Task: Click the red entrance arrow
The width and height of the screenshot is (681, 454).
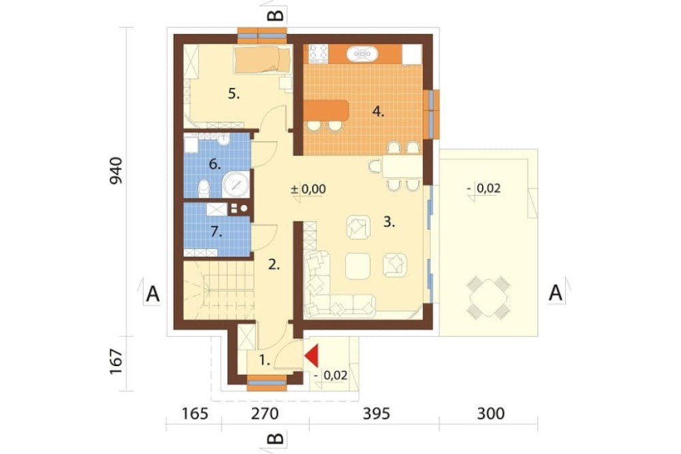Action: [313, 356]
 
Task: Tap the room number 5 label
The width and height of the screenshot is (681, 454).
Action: [234, 94]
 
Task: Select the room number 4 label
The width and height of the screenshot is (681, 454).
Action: [378, 112]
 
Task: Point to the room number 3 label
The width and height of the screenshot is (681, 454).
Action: [389, 222]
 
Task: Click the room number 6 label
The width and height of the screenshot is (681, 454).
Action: [215, 164]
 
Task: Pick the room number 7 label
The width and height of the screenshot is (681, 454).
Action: [216, 232]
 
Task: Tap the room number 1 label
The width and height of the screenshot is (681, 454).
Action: [265, 360]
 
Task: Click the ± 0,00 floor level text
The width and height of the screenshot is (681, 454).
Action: [308, 190]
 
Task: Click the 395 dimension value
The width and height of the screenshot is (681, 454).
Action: [376, 414]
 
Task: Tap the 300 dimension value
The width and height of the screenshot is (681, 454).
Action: [491, 414]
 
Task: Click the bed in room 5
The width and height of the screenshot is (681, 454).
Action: [262, 59]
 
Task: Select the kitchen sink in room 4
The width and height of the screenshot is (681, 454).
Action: [362, 55]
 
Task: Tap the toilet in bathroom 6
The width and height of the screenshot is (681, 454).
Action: [204, 188]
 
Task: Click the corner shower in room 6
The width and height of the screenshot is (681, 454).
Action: [236, 184]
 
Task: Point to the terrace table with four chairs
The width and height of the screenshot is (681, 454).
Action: [488, 297]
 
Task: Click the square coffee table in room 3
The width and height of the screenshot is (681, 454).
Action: [358, 266]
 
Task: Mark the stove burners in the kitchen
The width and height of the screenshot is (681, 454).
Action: [318, 54]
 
